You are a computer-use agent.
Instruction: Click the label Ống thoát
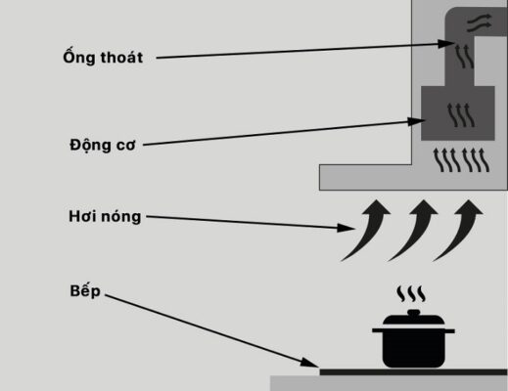pos(99,58)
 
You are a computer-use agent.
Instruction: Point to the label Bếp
pos(86,291)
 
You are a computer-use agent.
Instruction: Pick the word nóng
pos(122,216)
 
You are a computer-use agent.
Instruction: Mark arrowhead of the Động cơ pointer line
pos(417,122)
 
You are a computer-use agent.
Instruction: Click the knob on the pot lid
pos(412,313)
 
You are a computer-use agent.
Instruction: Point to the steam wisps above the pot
pos(411,293)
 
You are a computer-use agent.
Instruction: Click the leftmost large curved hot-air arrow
pos(364,228)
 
